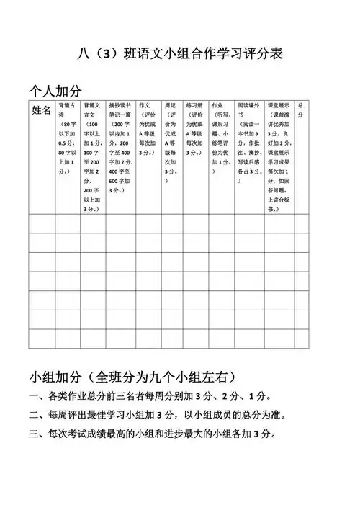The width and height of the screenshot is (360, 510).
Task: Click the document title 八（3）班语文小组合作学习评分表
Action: (179, 53)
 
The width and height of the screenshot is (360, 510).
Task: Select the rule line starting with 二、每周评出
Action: (156, 416)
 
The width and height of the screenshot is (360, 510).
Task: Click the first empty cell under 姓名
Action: (42, 223)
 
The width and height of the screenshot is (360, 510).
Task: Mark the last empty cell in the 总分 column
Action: (300, 339)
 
